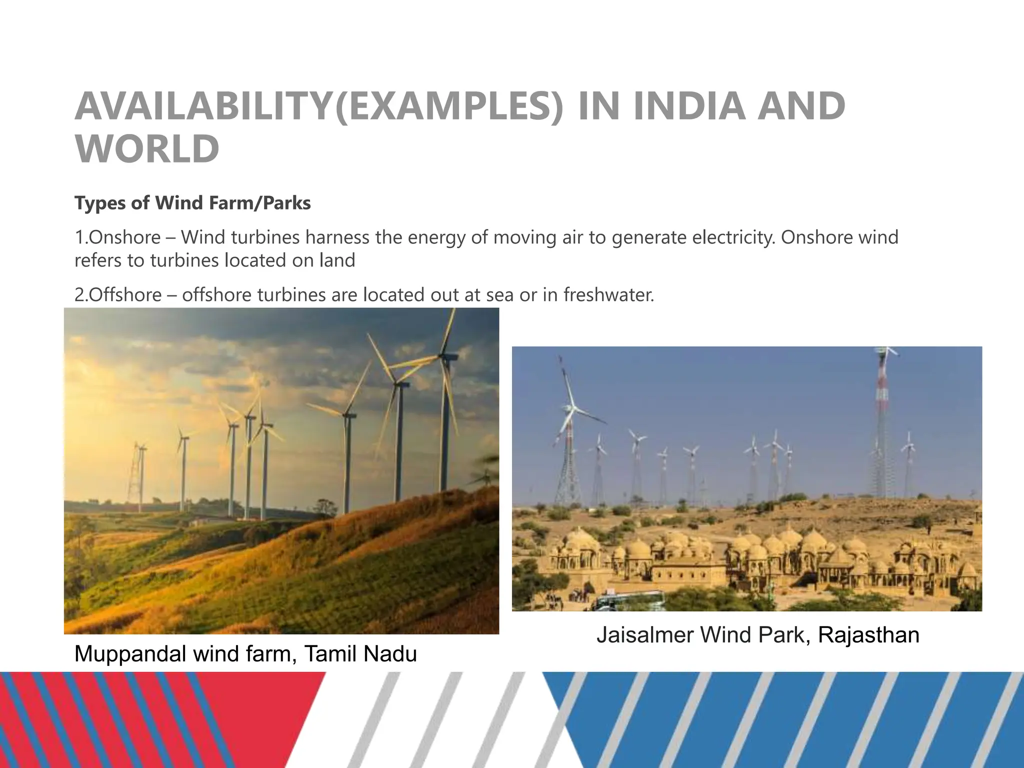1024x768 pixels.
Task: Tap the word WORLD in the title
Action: (x=147, y=148)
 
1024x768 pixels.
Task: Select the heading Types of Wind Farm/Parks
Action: (x=192, y=203)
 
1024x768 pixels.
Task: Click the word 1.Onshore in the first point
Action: (x=117, y=237)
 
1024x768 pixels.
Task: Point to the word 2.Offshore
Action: (x=118, y=294)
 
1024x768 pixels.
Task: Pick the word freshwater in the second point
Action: (x=608, y=294)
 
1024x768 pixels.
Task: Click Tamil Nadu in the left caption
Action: (x=360, y=653)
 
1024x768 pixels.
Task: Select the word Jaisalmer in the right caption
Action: (x=644, y=635)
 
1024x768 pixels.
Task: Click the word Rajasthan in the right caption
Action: (x=868, y=635)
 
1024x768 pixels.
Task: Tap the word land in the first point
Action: (x=337, y=260)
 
